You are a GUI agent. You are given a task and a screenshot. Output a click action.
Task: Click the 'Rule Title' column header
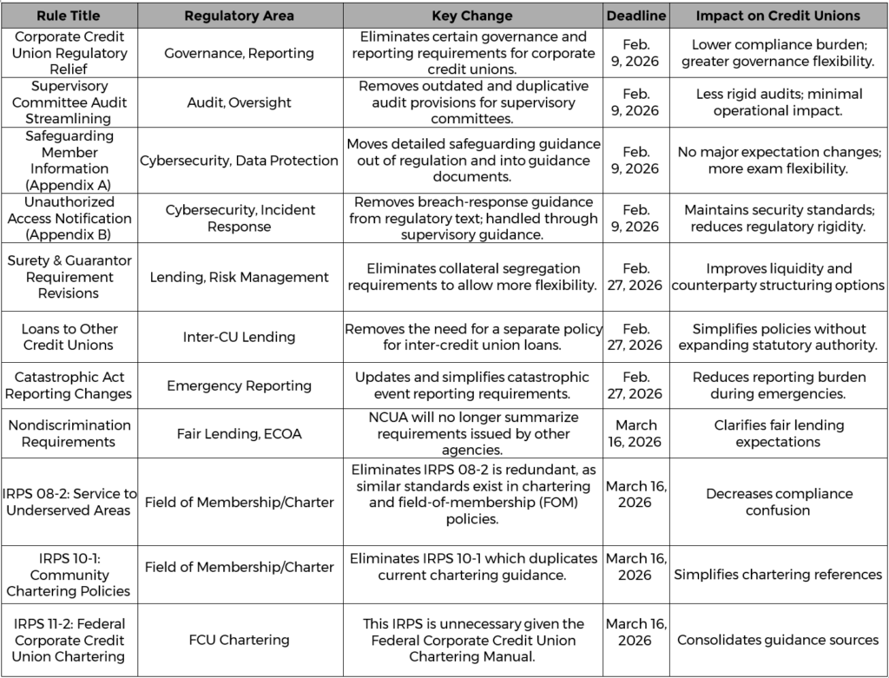tap(69, 16)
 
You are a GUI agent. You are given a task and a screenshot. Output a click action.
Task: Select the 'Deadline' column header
tap(635, 16)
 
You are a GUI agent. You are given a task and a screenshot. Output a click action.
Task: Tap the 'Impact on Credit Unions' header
tap(777, 16)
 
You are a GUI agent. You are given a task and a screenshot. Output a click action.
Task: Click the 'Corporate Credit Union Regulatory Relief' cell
tap(69, 53)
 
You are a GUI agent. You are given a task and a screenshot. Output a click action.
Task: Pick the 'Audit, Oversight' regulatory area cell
tap(240, 102)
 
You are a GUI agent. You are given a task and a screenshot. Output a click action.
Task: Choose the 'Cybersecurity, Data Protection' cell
tap(240, 161)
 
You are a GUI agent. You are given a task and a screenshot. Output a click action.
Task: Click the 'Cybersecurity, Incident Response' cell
tap(240, 218)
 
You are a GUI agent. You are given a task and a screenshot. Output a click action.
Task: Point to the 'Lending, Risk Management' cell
tap(240, 277)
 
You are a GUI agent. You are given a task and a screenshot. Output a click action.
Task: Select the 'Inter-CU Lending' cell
tap(240, 337)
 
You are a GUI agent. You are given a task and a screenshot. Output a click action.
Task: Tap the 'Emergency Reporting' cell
tap(240, 385)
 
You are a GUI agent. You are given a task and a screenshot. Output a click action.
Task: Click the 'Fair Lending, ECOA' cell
tap(240, 433)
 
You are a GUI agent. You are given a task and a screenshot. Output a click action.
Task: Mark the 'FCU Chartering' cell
tap(240, 640)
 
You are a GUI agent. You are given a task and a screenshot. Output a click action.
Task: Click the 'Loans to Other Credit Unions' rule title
tap(69, 337)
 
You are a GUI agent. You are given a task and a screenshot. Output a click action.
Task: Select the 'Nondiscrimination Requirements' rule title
tap(69, 433)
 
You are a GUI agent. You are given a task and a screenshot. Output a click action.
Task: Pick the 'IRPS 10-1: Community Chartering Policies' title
tap(69, 575)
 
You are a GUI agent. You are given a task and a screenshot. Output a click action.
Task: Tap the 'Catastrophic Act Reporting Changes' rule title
tap(69, 385)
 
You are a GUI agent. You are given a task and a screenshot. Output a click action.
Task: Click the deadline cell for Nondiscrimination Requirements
tap(635, 433)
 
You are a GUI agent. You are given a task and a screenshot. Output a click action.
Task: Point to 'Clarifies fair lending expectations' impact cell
tap(777, 433)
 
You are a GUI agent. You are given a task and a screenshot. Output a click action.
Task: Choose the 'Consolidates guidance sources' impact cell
tap(777, 640)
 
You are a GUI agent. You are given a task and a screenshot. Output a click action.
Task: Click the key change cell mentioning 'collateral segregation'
tap(472, 277)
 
